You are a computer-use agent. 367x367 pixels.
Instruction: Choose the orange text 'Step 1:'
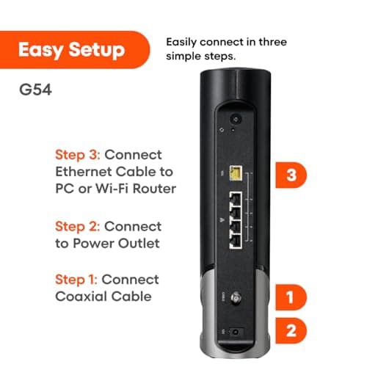(x=78, y=279)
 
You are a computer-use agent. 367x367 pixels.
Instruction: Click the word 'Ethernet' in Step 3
(x=87, y=173)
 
